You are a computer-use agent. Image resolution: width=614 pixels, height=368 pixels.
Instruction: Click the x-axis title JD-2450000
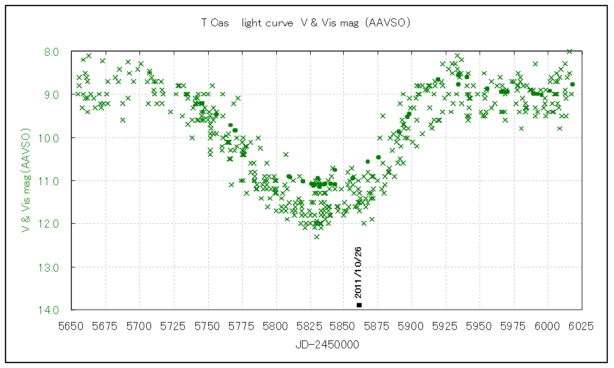(x=327, y=345)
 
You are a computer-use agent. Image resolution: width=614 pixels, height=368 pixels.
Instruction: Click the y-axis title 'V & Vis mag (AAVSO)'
(x=26, y=180)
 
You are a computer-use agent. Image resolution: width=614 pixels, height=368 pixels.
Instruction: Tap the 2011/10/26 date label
(x=358, y=272)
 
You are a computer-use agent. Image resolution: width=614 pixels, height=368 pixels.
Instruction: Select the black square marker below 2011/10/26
(x=359, y=305)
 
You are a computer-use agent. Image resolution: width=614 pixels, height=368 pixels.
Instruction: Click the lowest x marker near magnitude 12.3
(x=317, y=236)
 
